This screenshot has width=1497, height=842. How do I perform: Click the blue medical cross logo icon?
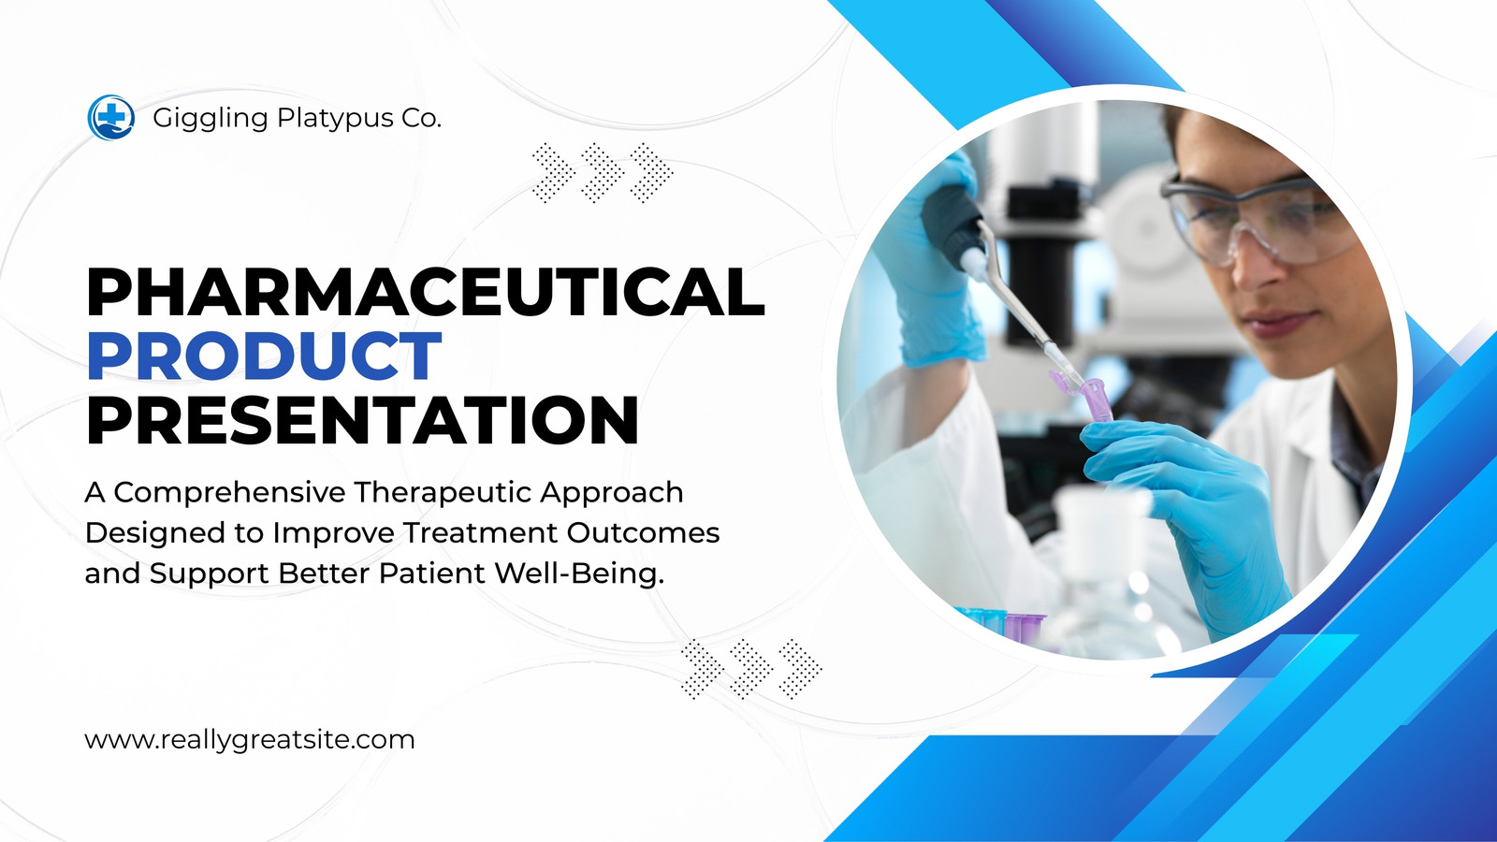tap(111, 118)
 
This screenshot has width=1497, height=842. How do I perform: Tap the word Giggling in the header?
tap(211, 119)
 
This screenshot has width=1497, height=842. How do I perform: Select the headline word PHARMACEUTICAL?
tap(426, 291)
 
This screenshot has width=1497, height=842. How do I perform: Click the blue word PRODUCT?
tap(265, 356)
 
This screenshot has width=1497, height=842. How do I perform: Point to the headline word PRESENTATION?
tap(363, 420)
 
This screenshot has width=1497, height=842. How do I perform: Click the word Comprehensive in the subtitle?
tap(230, 493)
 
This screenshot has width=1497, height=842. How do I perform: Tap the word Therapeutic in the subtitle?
tap(443, 493)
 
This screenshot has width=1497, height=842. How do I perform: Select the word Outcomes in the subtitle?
tap(643, 532)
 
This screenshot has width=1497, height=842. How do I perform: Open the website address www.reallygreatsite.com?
tap(250, 740)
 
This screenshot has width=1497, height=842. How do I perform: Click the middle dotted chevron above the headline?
tap(603, 172)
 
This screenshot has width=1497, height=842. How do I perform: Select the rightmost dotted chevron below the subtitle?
tap(801, 669)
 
